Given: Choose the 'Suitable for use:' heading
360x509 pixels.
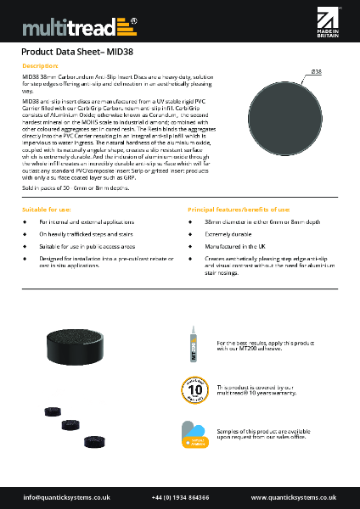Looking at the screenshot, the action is click(46, 208).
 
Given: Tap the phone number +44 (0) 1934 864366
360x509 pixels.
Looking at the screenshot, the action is click(180, 496).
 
